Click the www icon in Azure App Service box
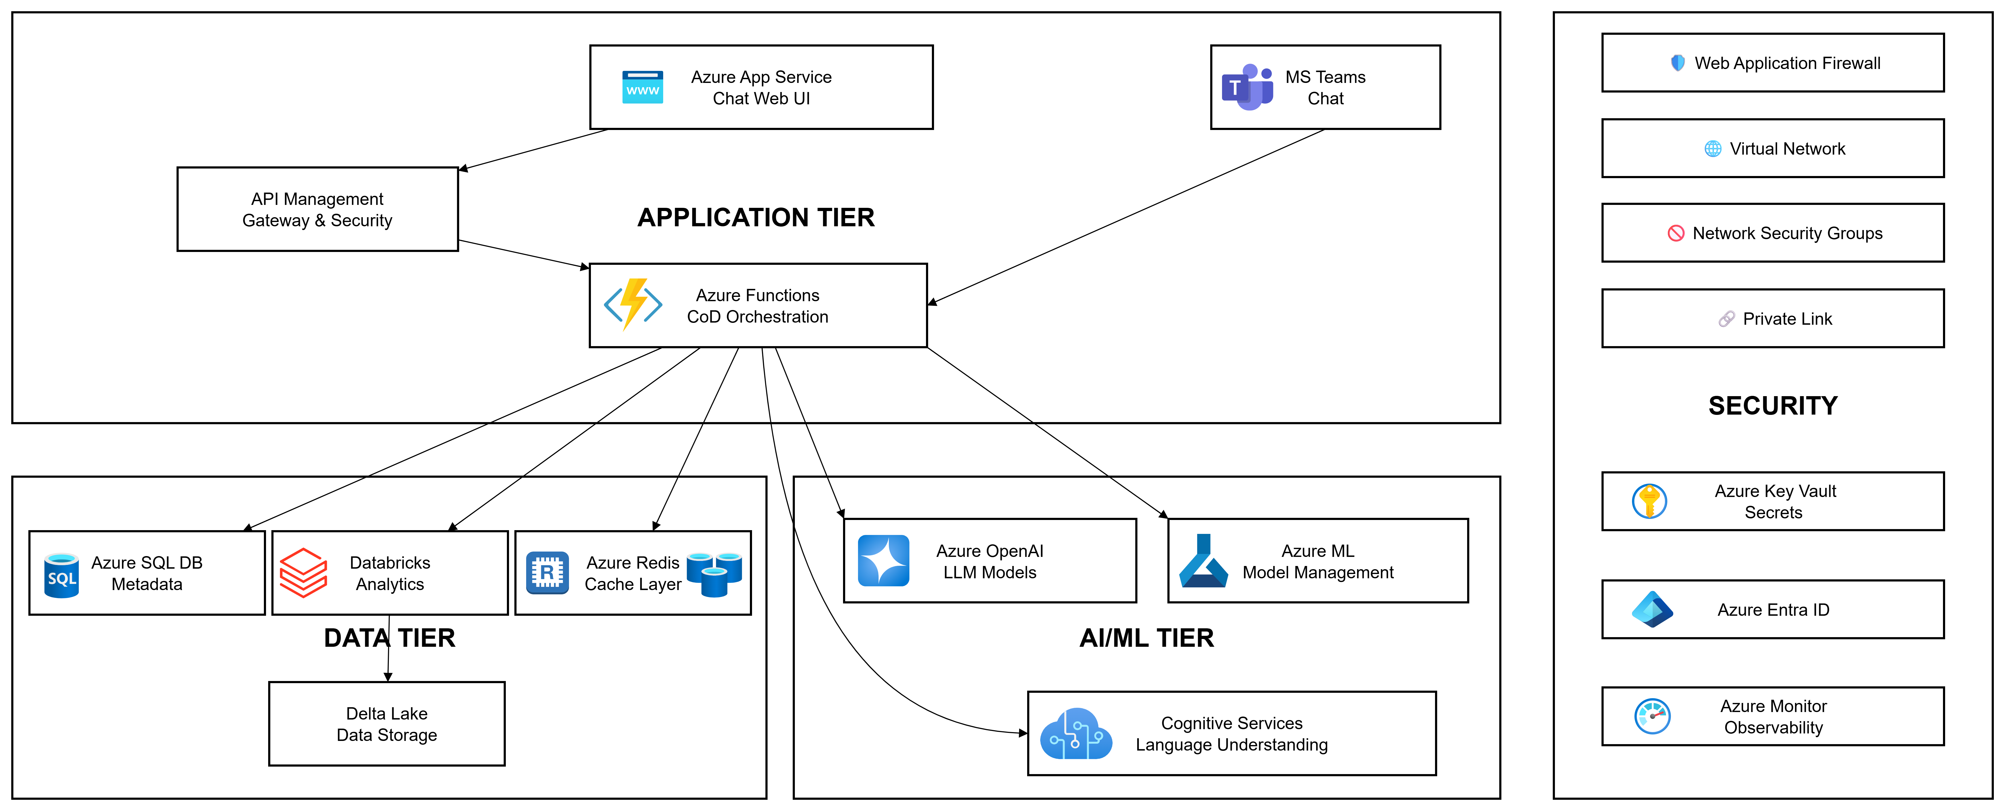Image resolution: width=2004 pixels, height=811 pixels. [643, 87]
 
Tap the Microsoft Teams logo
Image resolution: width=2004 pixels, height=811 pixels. [1247, 87]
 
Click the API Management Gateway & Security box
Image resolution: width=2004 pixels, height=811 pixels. [317, 209]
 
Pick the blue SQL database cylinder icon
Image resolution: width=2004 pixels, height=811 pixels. [62, 575]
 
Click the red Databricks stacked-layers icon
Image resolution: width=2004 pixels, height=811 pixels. [303, 573]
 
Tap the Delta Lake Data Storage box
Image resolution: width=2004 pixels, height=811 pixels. [387, 724]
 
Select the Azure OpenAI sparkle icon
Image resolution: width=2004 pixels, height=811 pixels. [883, 561]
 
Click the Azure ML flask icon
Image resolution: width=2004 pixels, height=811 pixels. [1203, 561]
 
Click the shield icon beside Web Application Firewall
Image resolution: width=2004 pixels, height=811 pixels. [1678, 63]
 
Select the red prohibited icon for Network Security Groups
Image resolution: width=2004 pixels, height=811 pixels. [1676, 233]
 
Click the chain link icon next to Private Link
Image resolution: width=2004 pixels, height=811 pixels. [1726, 319]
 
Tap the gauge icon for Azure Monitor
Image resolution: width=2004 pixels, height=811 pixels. [1652, 716]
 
